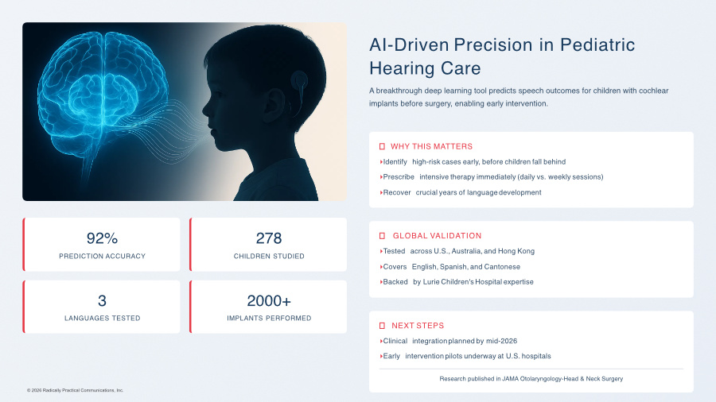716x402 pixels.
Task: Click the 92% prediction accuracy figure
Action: [x=102, y=238]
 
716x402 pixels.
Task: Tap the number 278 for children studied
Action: [x=269, y=238]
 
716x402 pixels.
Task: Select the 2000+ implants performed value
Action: [x=269, y=301]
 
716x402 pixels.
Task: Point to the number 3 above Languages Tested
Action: [x=102, y=301]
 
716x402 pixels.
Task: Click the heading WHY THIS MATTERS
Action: [x=431, y=146]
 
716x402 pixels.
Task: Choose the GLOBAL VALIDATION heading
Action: [x=437, y=236]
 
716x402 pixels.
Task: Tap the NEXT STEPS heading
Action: [x=418, y=326]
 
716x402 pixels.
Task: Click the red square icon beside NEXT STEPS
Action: [x=382, y=326]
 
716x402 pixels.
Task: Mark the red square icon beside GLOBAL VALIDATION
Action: [x=382, y=236]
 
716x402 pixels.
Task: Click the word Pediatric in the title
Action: [x=597, y=44]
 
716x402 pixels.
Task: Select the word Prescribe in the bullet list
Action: [x=399, y=177]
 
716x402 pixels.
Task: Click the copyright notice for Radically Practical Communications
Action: [x=75, y=390]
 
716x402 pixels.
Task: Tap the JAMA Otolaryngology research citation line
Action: [x=531, y=379]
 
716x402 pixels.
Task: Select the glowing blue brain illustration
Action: [x=103, y=91]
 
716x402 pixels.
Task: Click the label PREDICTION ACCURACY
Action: [x=102, y=256]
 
